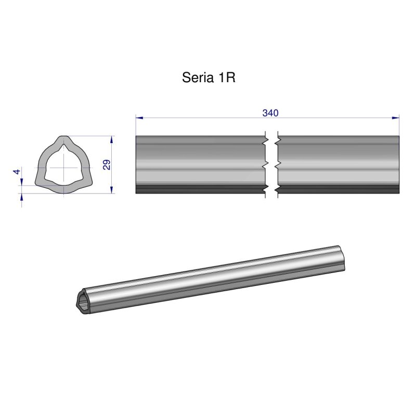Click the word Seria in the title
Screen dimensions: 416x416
coord(196,77)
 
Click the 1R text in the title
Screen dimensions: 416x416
coord(227,77)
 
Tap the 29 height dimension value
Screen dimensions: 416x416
coord(107,165)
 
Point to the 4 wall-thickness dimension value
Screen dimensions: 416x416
coord(17,172)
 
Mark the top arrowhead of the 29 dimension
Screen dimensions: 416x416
coord(112,139)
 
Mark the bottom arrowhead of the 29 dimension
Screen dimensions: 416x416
coord(112,190)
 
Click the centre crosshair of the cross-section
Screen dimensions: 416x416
coord(63,167)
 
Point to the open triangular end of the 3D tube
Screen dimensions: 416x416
coord(83,301)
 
